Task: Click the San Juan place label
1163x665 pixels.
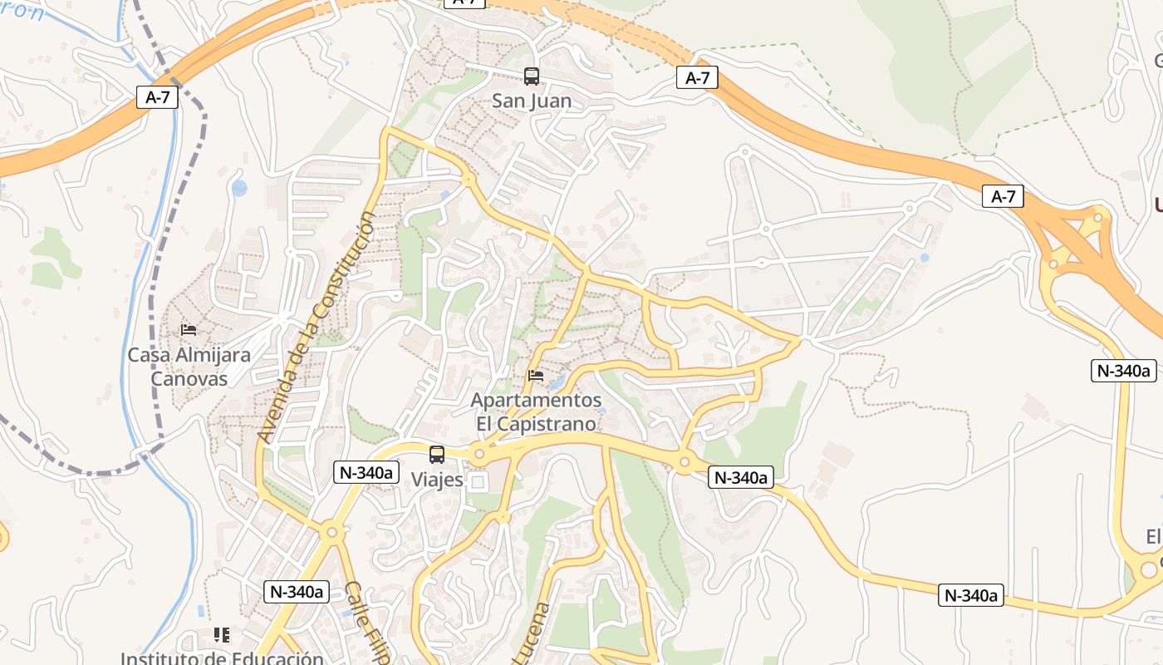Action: pos(532,101)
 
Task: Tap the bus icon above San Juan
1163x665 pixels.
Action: pos(532,76)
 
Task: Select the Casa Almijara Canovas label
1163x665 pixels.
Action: pos(189,367)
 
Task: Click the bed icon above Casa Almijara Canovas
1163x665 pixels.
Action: pos(189,330)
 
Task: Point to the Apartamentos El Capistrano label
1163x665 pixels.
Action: pos(536,411)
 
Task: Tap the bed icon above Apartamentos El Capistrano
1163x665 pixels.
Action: pos(536,376)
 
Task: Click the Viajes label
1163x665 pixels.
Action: pos(437,480)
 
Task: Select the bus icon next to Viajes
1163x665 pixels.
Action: pos(437,455)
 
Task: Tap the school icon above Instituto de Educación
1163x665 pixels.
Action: pos(221,635)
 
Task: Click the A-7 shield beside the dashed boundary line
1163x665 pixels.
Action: pos(158,97)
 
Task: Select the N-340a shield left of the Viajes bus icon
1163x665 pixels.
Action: pos(366,472)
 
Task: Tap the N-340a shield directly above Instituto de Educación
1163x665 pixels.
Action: pos(297,592)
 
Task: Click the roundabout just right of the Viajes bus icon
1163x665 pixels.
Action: pos(478,455)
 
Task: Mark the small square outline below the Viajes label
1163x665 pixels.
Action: pos(478,482)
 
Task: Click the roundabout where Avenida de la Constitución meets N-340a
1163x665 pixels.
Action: pos(332,531)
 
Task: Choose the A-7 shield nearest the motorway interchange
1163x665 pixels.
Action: pos(1004,196)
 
